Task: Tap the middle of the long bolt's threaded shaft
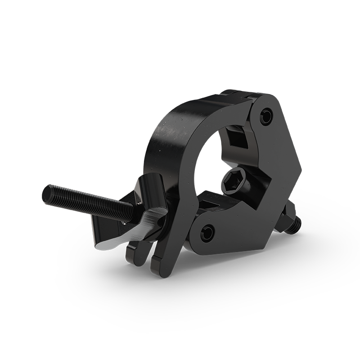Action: (88, 203)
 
